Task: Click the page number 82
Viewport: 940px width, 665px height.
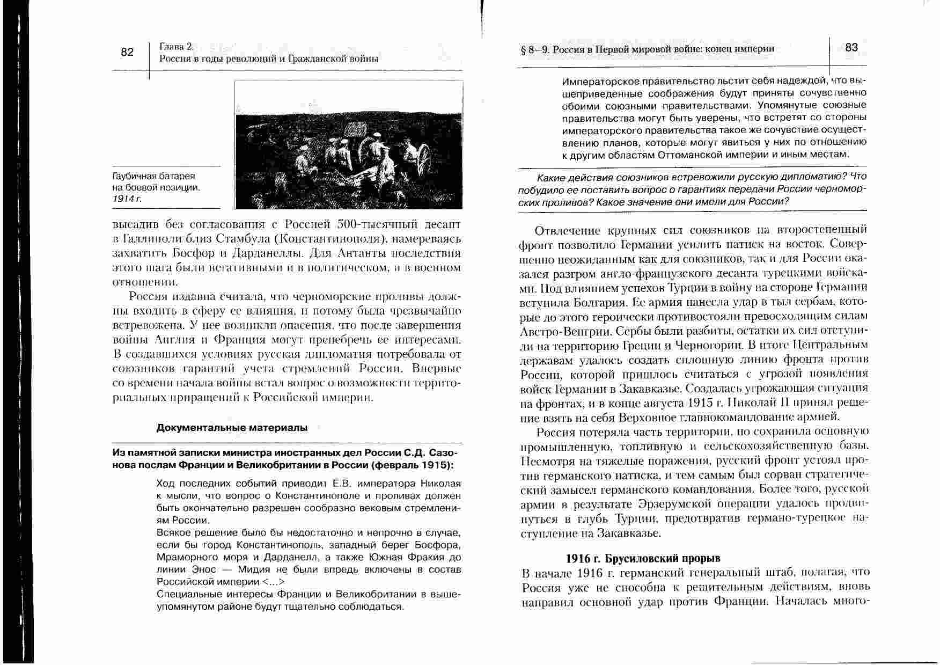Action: tap(127, 52)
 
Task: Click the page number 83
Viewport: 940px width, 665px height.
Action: tap(851, 48)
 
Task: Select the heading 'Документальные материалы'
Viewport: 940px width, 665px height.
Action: tap(232, 428)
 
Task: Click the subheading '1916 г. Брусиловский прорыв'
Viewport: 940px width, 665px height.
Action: tap(643, 558)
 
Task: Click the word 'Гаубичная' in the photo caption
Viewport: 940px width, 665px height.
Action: tap(132, 176)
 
